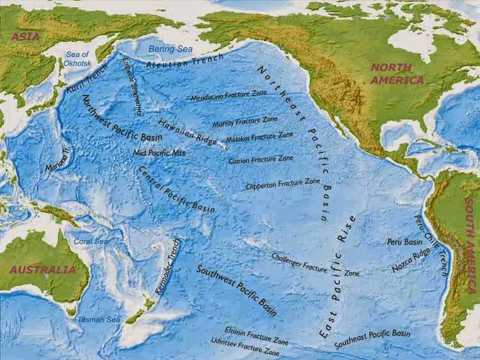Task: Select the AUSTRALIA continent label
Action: coord(39,270)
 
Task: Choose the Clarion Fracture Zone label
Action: coord(260,159)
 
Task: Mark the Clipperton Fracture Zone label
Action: coord(282,184)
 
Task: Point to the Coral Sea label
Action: coord(88,241)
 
